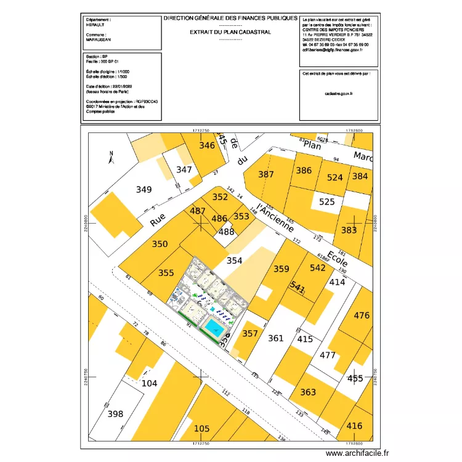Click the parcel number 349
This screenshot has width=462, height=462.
point(144,190)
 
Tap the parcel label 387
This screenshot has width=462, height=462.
point(266,174)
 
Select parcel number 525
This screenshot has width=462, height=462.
point(327,201)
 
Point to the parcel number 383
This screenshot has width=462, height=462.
point(349,230)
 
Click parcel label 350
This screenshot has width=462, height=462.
point(160,244)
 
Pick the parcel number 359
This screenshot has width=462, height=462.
point(282,269)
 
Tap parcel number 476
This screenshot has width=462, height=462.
point(362,315)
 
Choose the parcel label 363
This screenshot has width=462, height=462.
point(308,392)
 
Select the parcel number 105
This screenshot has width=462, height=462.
point(201,428)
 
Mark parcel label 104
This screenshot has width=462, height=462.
point(150,383)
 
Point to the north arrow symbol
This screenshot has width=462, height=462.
point(110,158)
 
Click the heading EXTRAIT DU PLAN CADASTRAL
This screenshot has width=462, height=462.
point(230,32)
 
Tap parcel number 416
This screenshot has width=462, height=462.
point(355,426)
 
